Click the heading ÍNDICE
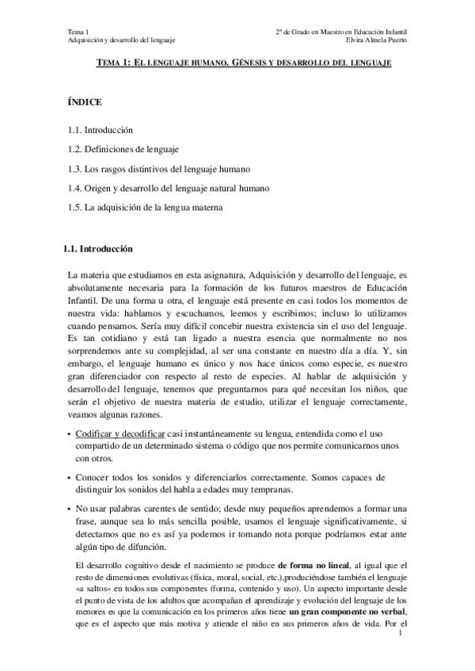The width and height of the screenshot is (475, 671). (85, 102)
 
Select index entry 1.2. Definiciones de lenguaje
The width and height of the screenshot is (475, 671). (123, 149)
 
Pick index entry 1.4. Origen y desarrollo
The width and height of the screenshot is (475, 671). (169, 188)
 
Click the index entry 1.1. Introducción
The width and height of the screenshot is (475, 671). (100, 129)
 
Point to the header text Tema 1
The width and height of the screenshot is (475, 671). (80, 31)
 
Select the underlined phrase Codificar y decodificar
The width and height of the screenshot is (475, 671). (120, 435)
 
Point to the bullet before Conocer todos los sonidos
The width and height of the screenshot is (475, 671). (69, 478)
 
